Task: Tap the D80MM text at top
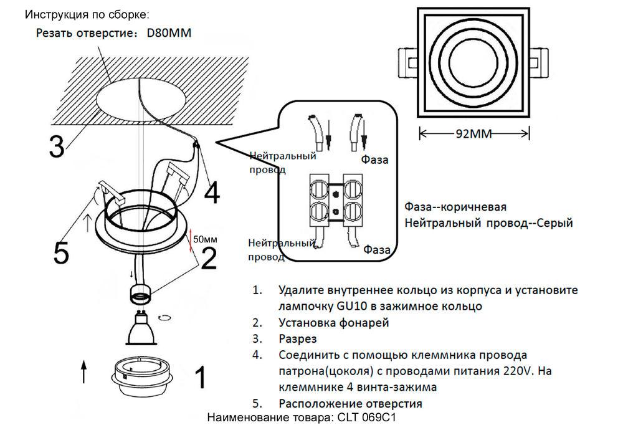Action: click(169, 33)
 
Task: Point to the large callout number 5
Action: click(60, 251)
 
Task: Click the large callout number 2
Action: click(209, 256)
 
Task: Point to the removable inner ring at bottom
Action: click(141, 376)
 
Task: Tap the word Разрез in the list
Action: click(298, 339)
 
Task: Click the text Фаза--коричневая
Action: click(455, 207)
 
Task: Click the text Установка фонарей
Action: click(334, 323)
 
